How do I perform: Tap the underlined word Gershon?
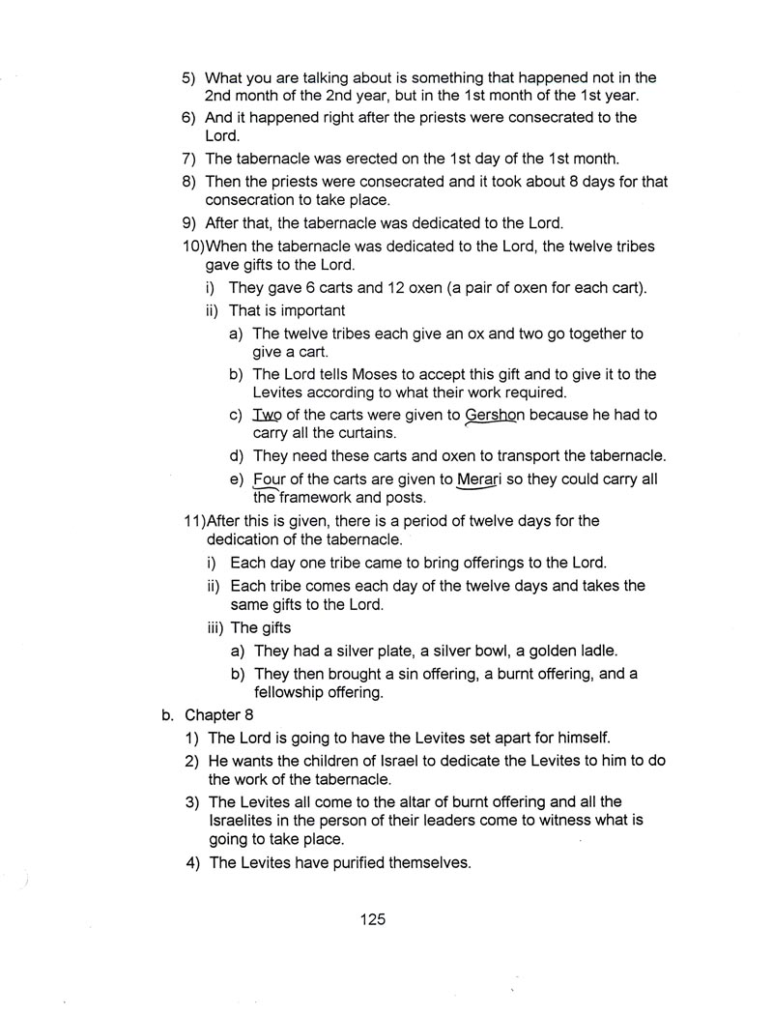pyautogui.click(x=495, y=415)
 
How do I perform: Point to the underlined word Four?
pyautogui.click(x=270, y=479)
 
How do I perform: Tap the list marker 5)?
pyautogui.click(x=189, y=77)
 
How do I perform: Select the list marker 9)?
pyautogui.click(x=189, y=222)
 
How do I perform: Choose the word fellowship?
pyautogui.click(x=293, y=692)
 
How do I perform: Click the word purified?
pyautogui.click(x=356, y=862)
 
